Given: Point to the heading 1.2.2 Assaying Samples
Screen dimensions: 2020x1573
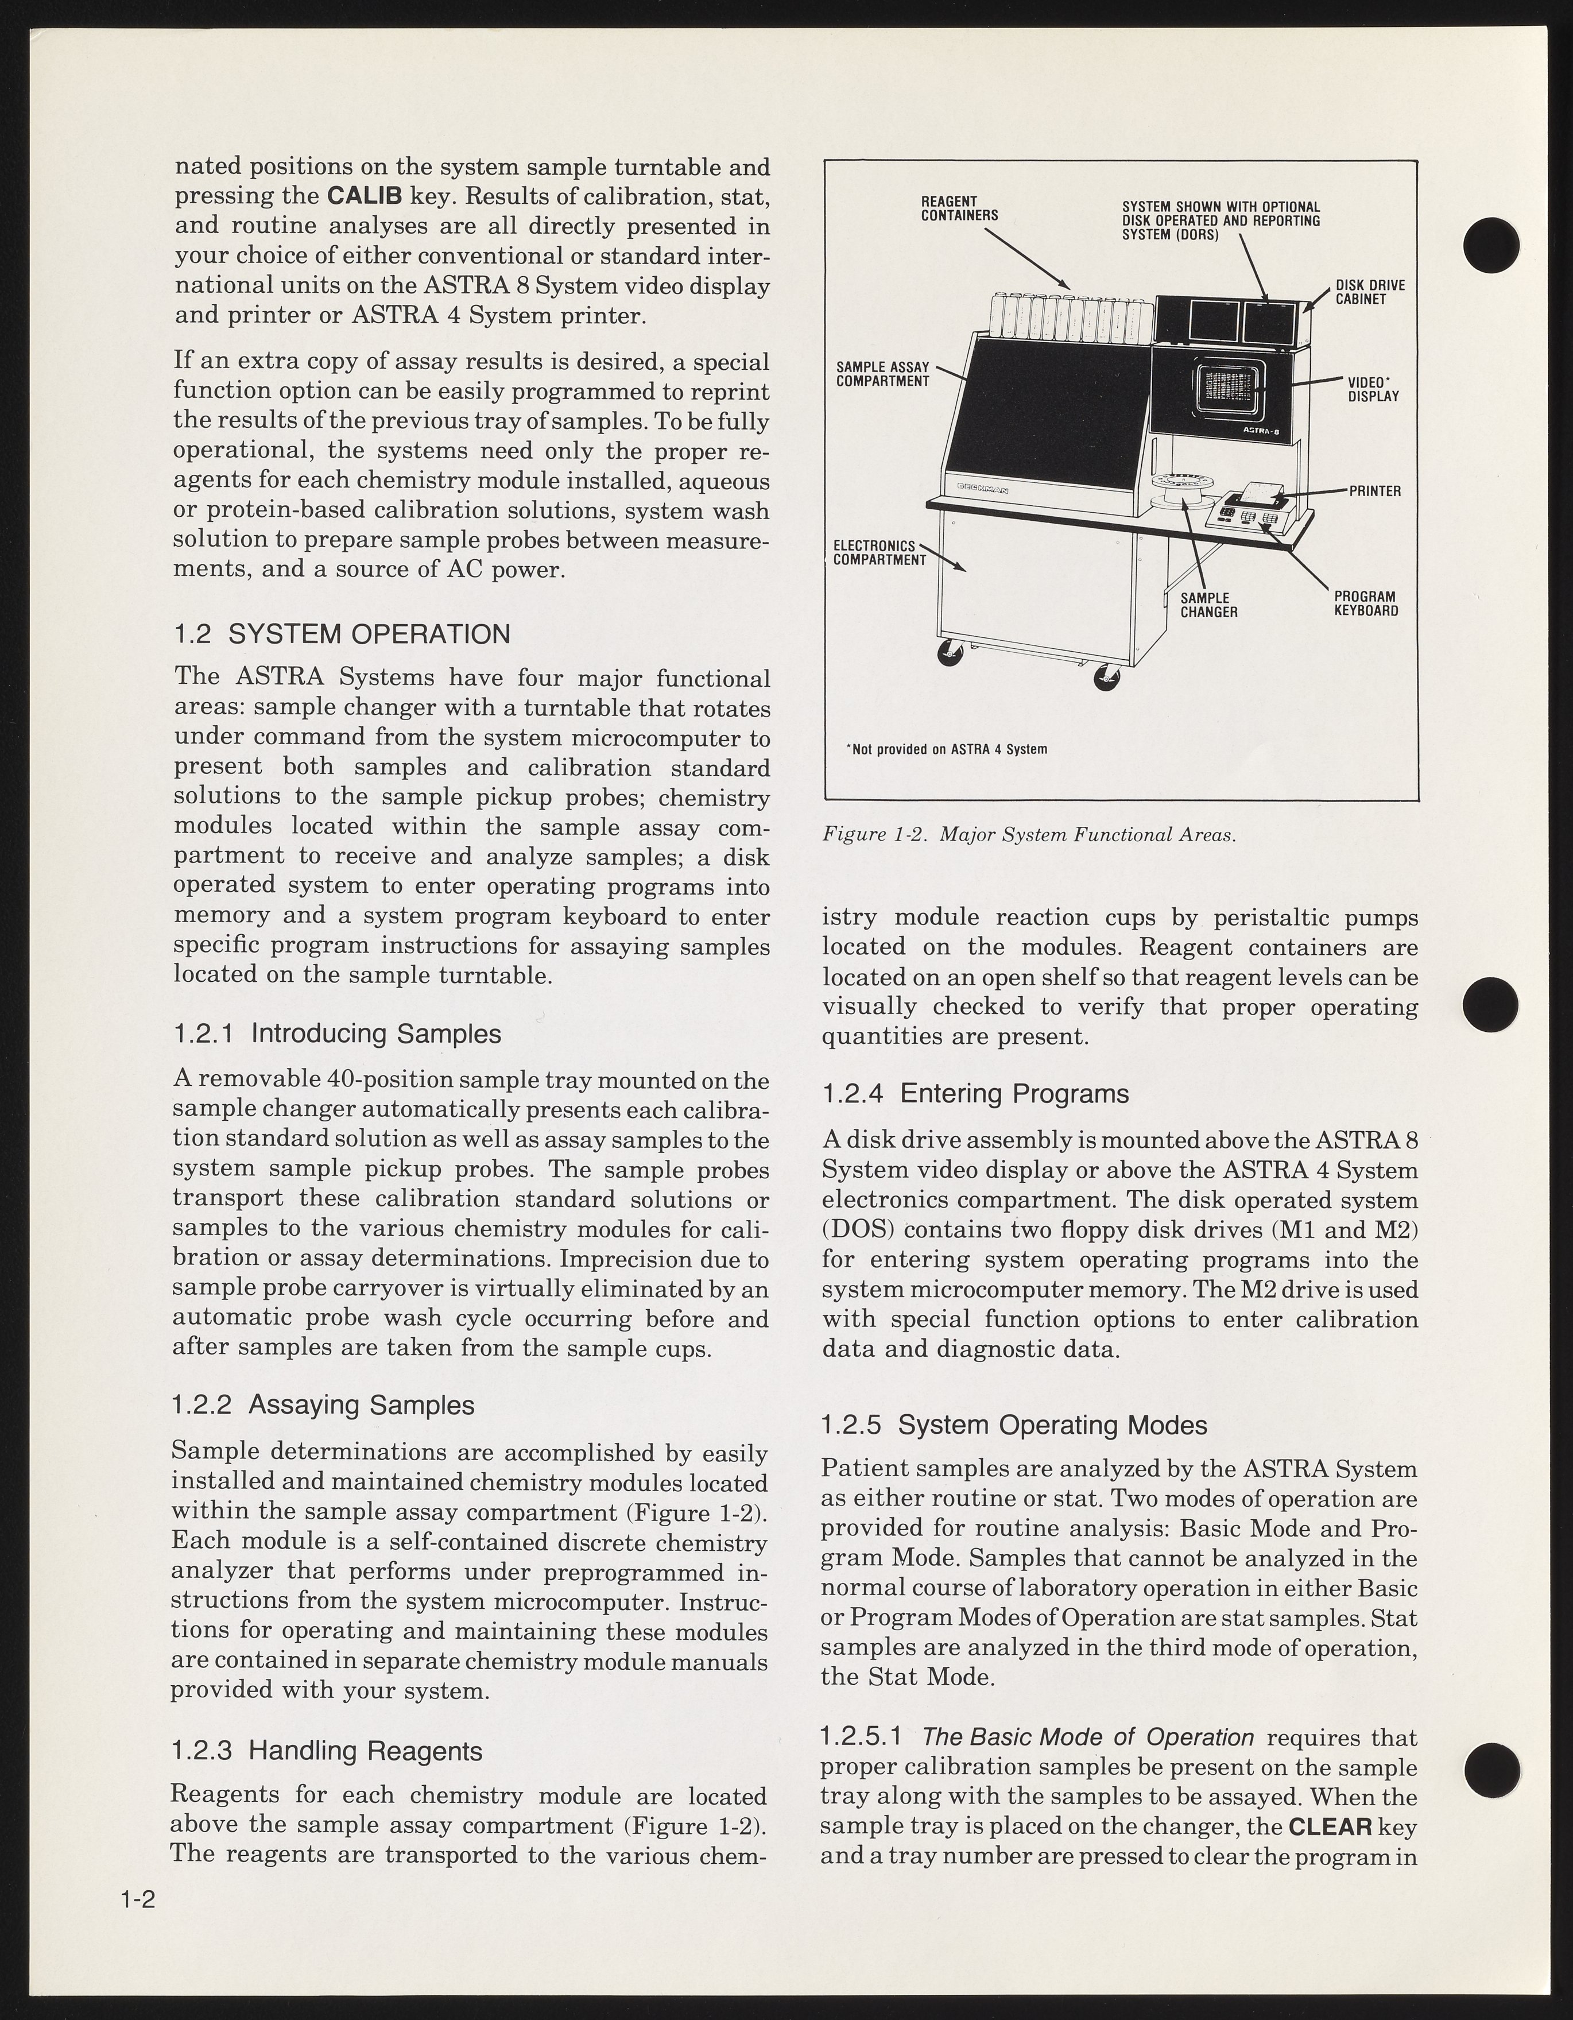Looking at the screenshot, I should (323, 1405).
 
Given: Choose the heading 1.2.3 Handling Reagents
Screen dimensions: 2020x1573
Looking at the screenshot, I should (327, 1751).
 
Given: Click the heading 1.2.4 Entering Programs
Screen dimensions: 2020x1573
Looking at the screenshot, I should (975, 1094).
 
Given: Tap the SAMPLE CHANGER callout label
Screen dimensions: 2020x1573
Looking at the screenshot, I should (1208, 605).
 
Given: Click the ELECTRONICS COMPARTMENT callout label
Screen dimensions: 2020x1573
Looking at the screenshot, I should (880, 553).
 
